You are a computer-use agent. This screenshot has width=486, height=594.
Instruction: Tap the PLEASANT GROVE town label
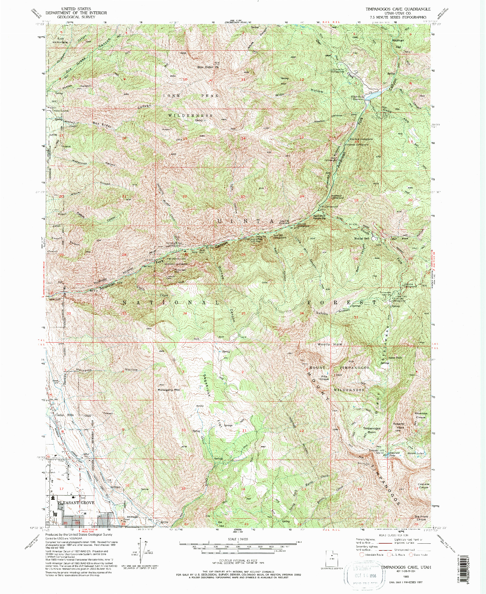tap(76, 503)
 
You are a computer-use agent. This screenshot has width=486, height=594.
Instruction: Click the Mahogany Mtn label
tap(169, 390)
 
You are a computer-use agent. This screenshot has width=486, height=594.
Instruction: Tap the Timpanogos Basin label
tap(372, 430)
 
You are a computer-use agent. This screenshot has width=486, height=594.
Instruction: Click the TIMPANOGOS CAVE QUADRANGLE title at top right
tap(398, 9)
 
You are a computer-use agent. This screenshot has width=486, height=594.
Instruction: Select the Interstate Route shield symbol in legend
tap(362, 554)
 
